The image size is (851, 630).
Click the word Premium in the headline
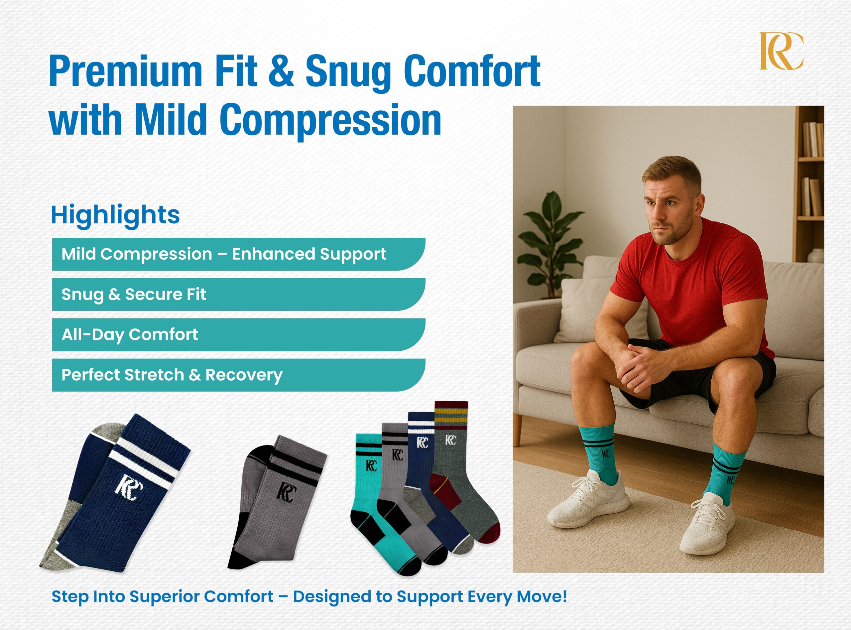coord(125,71)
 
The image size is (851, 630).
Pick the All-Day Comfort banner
coord(239,335)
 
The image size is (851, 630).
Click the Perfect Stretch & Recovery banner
coord(239,375)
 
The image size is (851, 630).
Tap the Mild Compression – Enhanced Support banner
coord(239,254)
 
